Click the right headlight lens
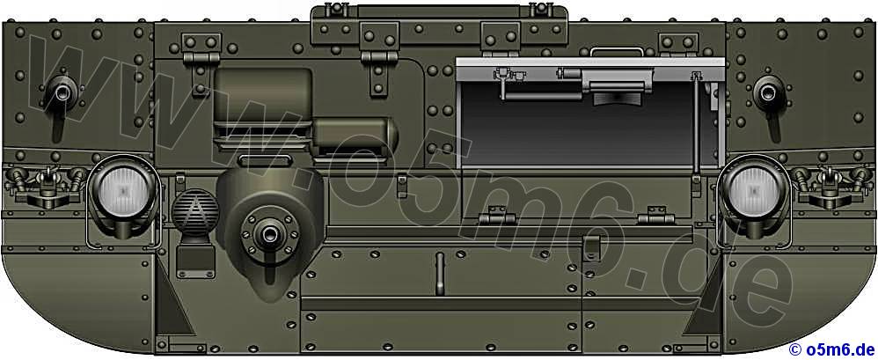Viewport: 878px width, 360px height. coord(754,188)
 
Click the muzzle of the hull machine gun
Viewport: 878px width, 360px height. coord(269,232)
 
